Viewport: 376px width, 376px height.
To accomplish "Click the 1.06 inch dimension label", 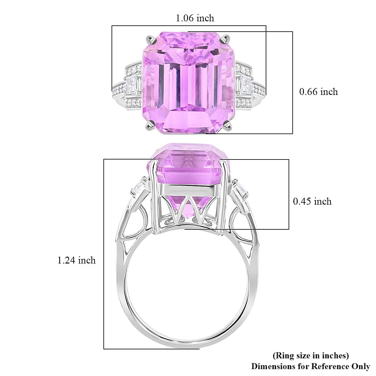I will point(195,18).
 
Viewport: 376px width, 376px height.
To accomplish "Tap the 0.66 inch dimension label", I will point(318,92).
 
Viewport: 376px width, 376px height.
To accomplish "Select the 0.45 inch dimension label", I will point(312,201).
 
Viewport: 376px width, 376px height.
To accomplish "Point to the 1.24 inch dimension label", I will point(76,260).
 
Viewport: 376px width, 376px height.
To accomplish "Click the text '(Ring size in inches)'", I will point(311,356).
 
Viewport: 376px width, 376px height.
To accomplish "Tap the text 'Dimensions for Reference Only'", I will point(311,366).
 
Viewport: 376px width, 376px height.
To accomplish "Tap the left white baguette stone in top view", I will point(133,84).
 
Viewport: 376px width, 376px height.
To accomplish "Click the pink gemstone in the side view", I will point(188,166).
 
